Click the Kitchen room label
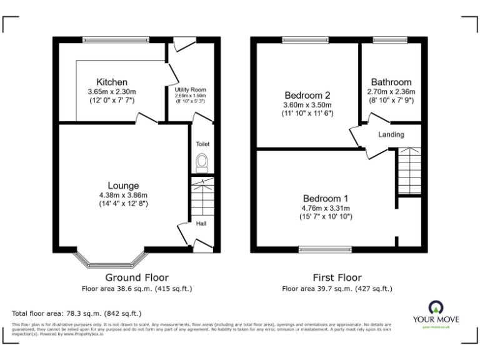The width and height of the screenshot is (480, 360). coord(112,82)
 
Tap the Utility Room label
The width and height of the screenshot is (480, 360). coord(190,90)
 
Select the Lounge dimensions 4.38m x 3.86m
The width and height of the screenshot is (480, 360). coord(123,195)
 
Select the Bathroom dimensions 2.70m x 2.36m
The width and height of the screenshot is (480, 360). coord(391,92)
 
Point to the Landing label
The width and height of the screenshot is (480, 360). coord(391,134)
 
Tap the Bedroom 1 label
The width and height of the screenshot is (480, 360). coord(325,198)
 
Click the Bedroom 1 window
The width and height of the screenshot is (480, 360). coord(325,250)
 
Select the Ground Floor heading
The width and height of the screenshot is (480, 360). coord(136,277)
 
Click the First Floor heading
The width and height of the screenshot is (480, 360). coord(337,277)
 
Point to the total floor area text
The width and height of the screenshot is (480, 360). coord(77,313)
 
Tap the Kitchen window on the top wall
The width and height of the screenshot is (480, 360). coord(116,40)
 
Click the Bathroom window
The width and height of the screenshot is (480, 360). coord(391,40)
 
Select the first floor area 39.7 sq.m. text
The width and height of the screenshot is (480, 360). coord(337,289)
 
